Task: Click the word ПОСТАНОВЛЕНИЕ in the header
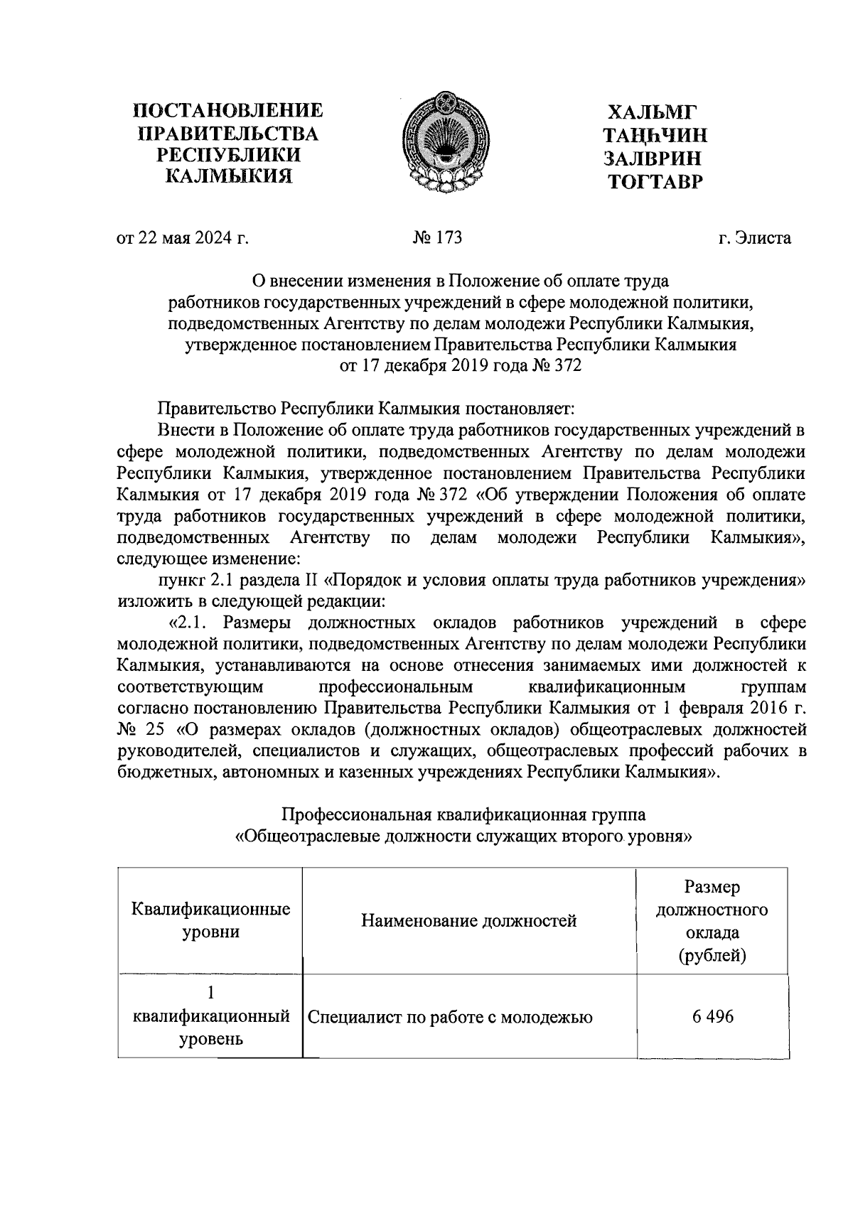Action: [228, 111]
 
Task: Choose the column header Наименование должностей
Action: [469, 922]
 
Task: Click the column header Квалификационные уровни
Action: [210, 920]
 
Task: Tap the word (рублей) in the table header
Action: [712, 956]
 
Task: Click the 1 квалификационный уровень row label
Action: [210, 1016]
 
